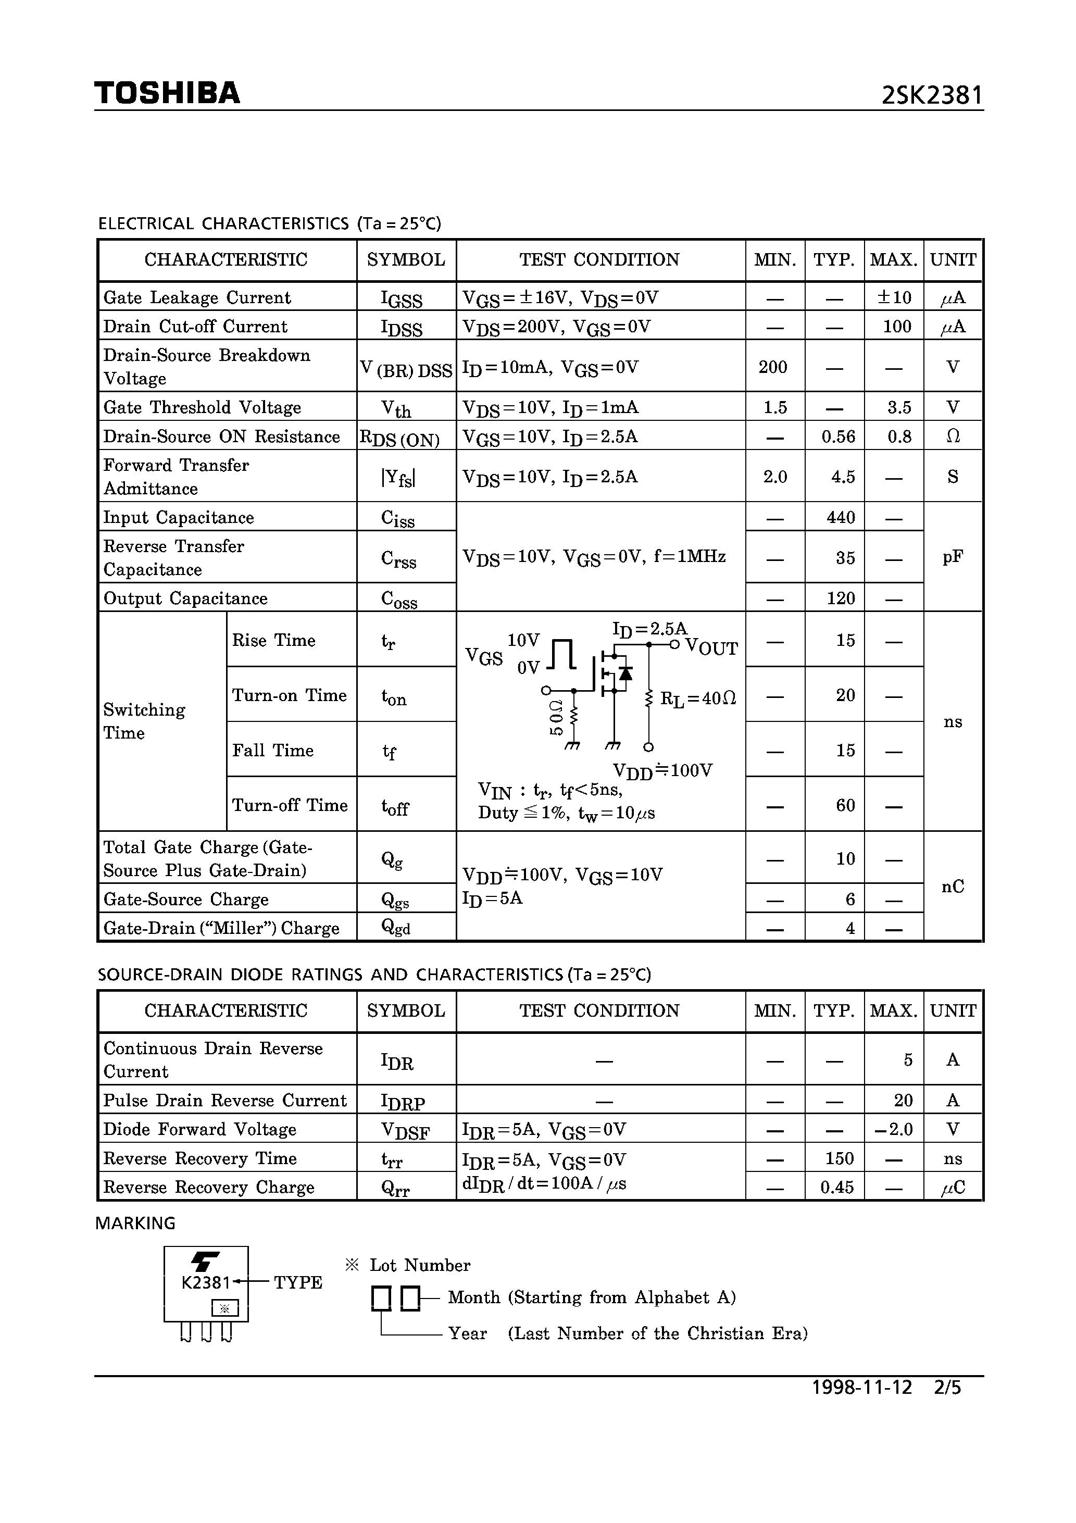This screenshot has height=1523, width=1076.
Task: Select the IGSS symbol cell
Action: pos(402,298)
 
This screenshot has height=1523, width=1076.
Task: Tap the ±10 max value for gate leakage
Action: pos(894,298)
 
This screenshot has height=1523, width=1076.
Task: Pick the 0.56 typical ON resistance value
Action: pos(838,437)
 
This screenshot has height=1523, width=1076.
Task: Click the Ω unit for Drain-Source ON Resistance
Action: pos(953,436)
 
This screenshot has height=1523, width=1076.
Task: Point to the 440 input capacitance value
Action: pos(840,517)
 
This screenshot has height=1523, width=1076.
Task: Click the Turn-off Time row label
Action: pos(290,805)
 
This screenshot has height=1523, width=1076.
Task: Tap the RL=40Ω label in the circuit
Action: pos(698,698)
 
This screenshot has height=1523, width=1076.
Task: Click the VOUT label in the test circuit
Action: pos(710,647)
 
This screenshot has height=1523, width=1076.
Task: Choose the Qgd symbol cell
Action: pos(396,928)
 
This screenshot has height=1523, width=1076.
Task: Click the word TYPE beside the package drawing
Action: pos(298,1283)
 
